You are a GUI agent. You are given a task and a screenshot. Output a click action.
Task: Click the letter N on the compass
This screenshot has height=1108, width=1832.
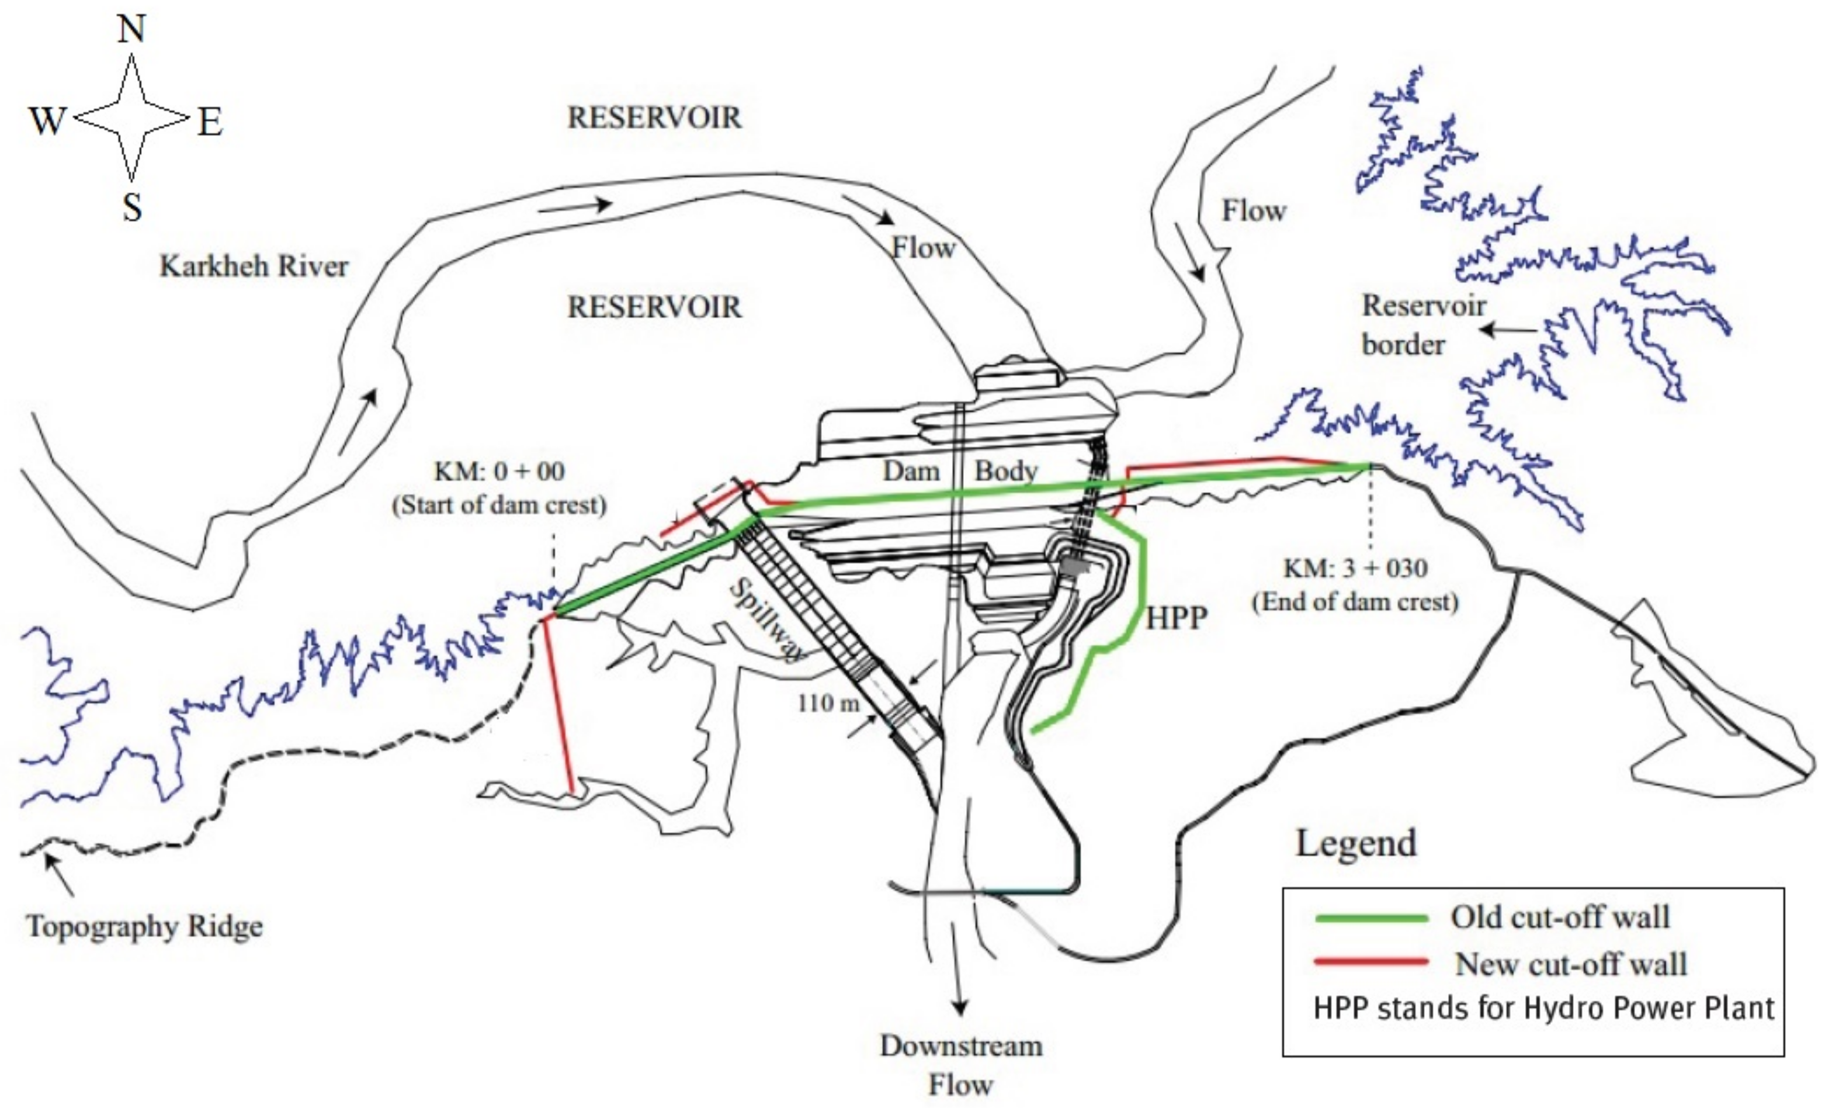[x=131, y=30]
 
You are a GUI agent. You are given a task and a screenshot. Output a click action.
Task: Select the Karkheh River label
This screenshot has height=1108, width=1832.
[x=254, y=266]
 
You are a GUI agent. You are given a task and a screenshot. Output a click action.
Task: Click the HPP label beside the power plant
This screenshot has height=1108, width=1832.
[x=1176, y=618]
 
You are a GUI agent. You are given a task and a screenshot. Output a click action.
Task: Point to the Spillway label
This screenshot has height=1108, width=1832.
[x=766, y=620]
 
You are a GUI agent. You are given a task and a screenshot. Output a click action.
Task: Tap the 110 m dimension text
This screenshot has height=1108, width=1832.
[x=828, y=702]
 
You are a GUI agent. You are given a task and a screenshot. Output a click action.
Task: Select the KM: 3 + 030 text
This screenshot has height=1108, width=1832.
[x=1355, y=568]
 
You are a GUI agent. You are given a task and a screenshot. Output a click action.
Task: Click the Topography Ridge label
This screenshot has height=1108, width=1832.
[x=145, y=927]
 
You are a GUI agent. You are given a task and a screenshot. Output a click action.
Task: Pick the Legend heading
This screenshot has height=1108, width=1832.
[x=1356, y=843]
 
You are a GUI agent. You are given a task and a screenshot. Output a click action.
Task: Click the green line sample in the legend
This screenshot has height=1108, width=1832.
[x=1371, y=919]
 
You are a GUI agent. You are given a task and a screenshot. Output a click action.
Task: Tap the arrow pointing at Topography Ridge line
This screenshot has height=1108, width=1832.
[x=60, y=874]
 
